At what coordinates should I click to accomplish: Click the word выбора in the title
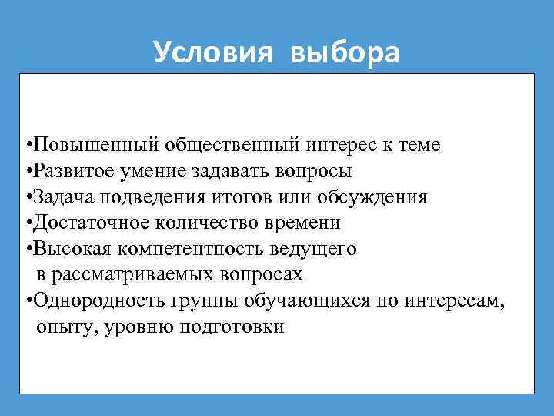tap(345, 52)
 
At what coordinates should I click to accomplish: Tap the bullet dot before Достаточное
tap(28, 223)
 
